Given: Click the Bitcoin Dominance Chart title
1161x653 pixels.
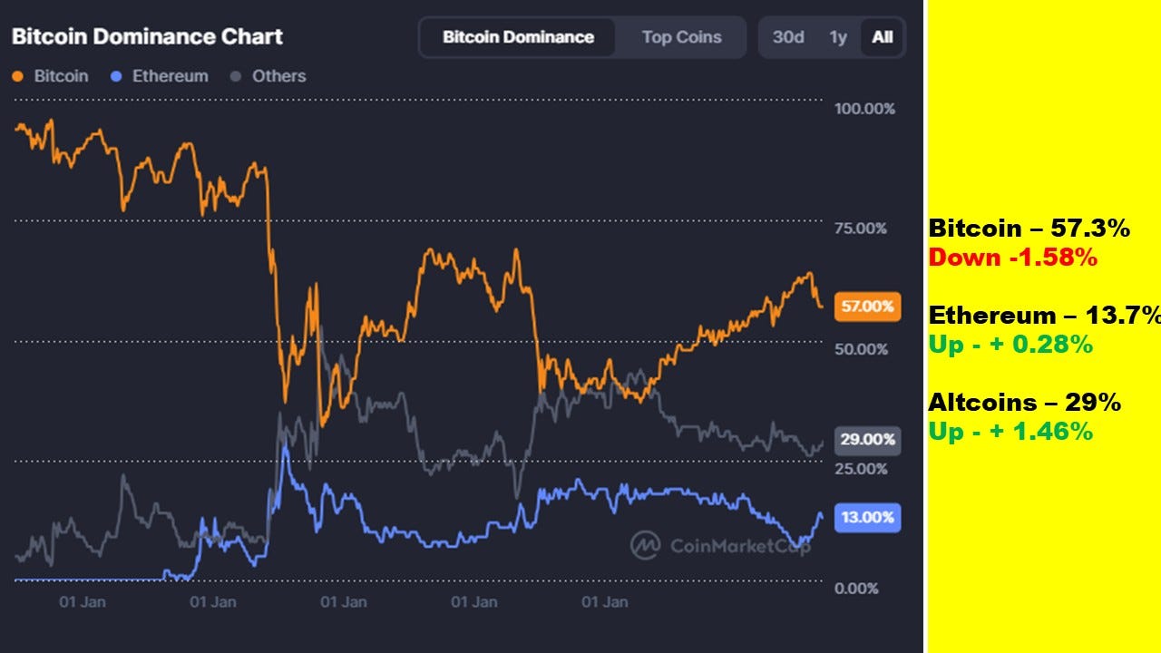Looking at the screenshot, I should coord(147,37).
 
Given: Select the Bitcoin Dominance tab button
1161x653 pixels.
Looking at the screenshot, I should coord(518,37).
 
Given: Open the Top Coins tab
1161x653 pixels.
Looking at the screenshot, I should coord(681,37).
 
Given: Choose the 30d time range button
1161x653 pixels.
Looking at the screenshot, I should coord(788,37).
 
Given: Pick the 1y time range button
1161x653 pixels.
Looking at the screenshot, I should coord(838,37).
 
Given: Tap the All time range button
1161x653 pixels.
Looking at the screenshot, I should coord(882,37).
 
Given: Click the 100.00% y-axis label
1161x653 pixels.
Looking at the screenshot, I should coord(864,109).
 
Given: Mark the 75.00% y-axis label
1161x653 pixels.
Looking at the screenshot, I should coord(860,229).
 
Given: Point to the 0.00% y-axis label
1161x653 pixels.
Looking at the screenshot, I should coord(856,589).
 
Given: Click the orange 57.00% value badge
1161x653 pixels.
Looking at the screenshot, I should coord(867,307).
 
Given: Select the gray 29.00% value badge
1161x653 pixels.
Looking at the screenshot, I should coord(867,440).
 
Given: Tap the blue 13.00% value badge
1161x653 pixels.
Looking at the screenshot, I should coord(867,518).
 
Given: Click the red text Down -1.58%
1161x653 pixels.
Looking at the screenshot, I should coord(1012,258).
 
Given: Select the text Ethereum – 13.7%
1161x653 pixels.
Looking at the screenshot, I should coord(1044,316).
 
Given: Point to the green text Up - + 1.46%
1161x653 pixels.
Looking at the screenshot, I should coord(1010,432).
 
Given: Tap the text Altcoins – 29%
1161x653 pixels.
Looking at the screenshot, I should coord(1024,403).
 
